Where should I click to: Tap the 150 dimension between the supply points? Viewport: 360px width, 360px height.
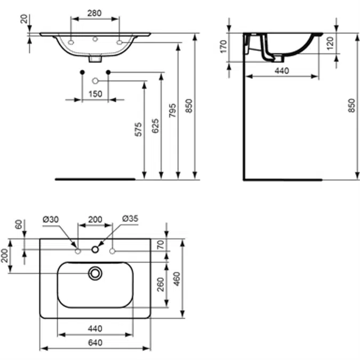94,94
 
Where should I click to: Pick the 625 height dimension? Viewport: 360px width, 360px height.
154,126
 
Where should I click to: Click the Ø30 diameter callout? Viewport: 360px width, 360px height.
51,219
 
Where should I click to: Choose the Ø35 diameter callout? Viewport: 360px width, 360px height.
130,219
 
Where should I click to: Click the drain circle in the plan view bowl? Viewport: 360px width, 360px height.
95,273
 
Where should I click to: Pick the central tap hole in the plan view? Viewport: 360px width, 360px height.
95,249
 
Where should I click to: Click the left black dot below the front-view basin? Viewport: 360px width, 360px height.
82,72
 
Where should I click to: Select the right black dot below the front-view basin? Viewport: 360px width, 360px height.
108,72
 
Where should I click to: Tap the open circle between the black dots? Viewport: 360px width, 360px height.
95,81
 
